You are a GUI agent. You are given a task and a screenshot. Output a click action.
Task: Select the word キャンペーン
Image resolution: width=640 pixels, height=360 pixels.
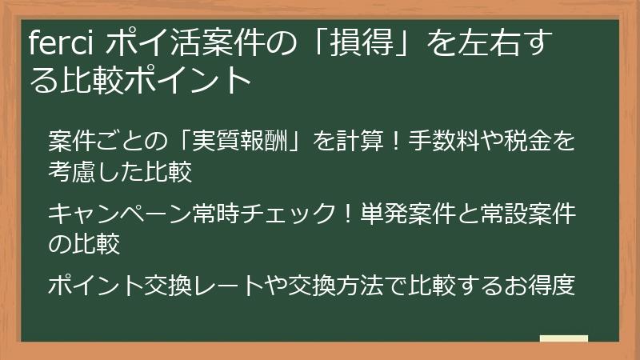(119, 214)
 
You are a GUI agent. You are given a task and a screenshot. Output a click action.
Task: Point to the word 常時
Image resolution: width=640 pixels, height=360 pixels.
(216, 214)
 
